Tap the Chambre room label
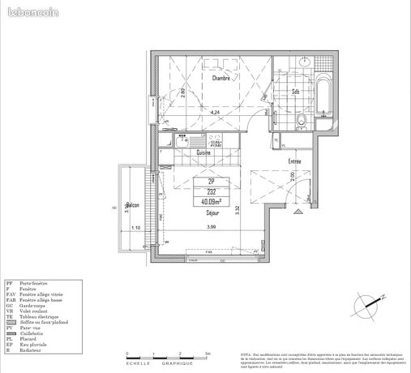click(x=220, y=79)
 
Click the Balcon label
click(x=132, y=205)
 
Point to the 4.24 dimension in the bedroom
click(x=214, y=112)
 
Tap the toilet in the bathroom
click(x=301, y=121)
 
